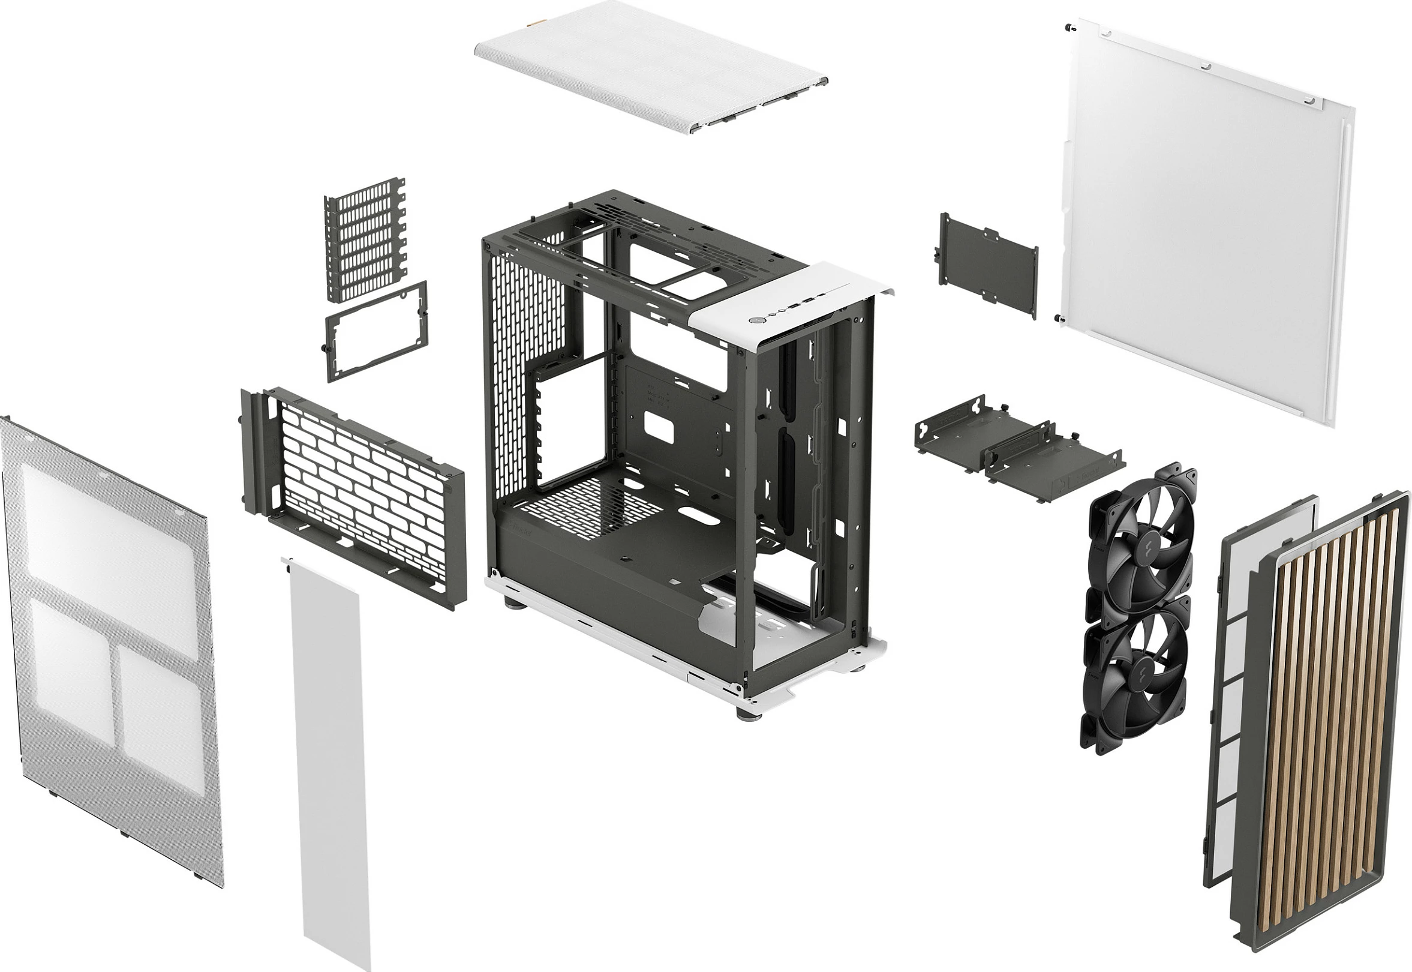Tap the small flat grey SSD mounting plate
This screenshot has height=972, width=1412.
click(x=987, y=265)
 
